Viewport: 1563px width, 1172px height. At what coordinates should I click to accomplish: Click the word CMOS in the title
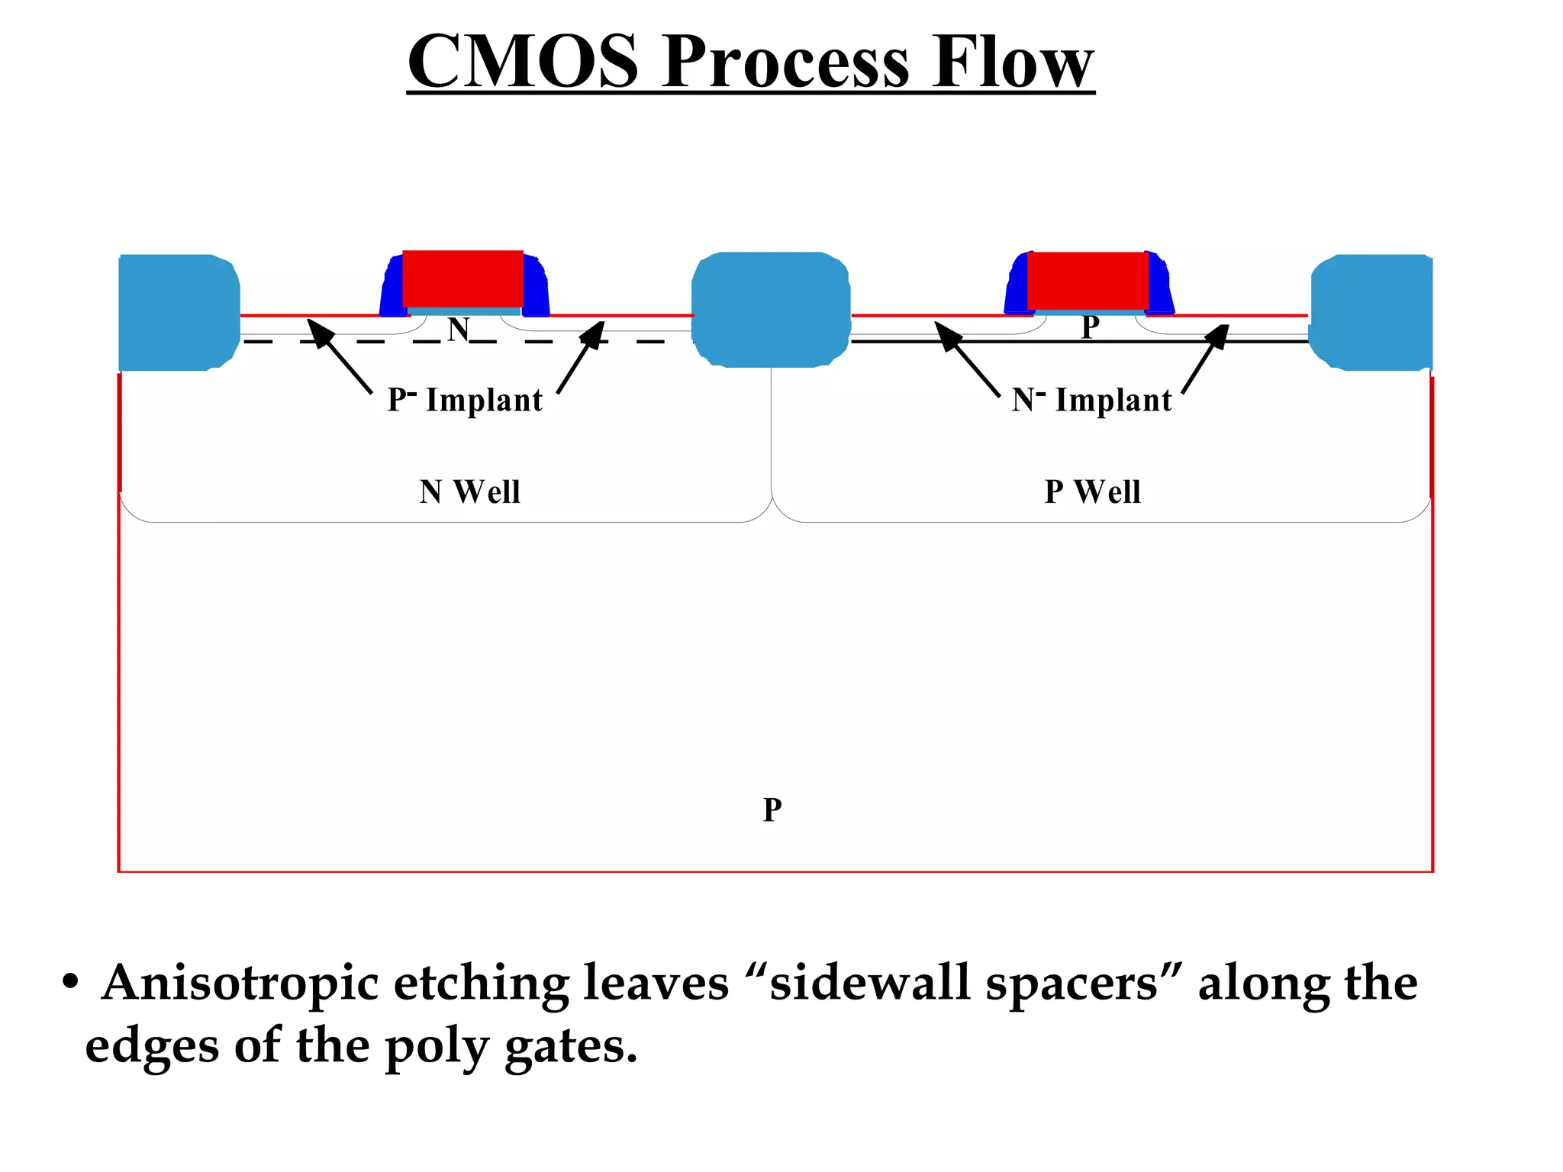523,63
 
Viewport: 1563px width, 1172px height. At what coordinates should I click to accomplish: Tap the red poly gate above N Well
462,279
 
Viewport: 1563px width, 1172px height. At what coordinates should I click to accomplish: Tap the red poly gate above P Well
1088,280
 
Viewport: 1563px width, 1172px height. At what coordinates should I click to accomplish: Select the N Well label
469,491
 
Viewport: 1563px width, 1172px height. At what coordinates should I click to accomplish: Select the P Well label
1092,491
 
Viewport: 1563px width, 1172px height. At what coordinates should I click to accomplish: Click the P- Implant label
465,400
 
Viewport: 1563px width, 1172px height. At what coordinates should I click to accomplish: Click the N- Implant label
1091,400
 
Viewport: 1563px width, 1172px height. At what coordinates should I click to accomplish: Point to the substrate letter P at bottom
772,810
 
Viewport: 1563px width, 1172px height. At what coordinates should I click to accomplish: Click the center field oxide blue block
771,310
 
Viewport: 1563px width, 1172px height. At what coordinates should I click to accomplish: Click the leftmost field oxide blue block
178,313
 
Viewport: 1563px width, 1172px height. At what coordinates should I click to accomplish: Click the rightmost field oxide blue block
1371,313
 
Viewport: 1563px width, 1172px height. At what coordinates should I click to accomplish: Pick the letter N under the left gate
458,330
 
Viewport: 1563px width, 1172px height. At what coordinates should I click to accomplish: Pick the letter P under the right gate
1091,327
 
